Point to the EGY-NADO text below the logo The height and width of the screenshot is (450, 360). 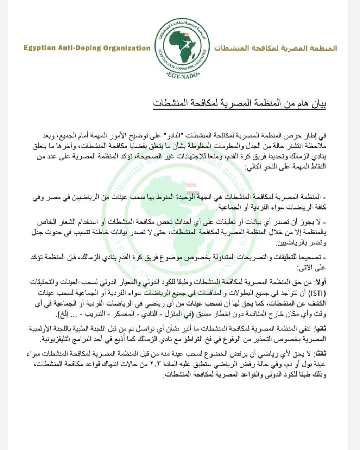pos(182,76)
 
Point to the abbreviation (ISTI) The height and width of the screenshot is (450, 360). pos(318,292)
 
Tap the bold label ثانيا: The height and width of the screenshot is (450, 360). pos(320,329)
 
